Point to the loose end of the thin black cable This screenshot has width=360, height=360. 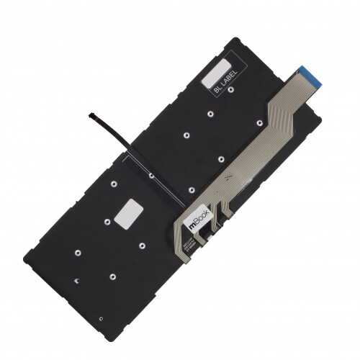click(89, 115)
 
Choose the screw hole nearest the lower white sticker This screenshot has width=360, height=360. click(105, 222)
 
